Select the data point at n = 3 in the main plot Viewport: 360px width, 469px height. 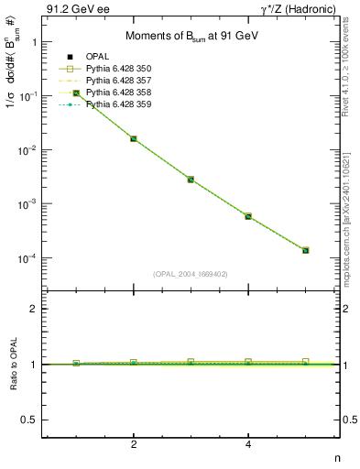(191, 180)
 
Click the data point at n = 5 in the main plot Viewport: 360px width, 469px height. (305, 250)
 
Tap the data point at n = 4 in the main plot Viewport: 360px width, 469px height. (248, 216)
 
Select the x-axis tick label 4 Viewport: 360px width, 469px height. (248, 445)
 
